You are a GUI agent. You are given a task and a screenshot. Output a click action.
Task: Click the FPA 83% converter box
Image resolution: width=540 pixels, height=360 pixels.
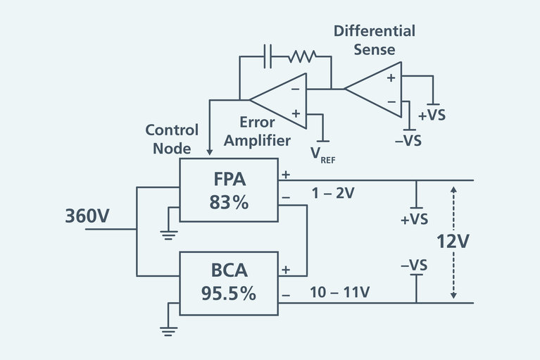[x=229, y=190]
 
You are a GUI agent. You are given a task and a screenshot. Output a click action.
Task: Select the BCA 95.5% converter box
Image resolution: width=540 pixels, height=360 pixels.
[x=229, y=283]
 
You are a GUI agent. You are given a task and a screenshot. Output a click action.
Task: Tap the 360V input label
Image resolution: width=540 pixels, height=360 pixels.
[x=87, y=216]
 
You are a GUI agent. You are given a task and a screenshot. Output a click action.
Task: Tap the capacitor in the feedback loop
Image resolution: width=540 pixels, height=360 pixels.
[x=267, y=55]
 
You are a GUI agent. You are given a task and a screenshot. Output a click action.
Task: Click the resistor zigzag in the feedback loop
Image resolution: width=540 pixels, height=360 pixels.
[x=301, y=55]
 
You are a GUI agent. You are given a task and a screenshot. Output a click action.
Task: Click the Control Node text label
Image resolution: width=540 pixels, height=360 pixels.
[x=172, y=139]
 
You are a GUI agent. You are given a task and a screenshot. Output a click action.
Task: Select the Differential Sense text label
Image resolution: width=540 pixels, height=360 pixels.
[x=374, y=40]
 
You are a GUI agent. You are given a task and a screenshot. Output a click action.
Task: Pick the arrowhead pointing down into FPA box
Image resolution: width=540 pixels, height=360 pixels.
[x=209, y=150]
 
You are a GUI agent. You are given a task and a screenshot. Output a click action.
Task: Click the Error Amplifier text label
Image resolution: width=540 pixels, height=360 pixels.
[x=256, y=132]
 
